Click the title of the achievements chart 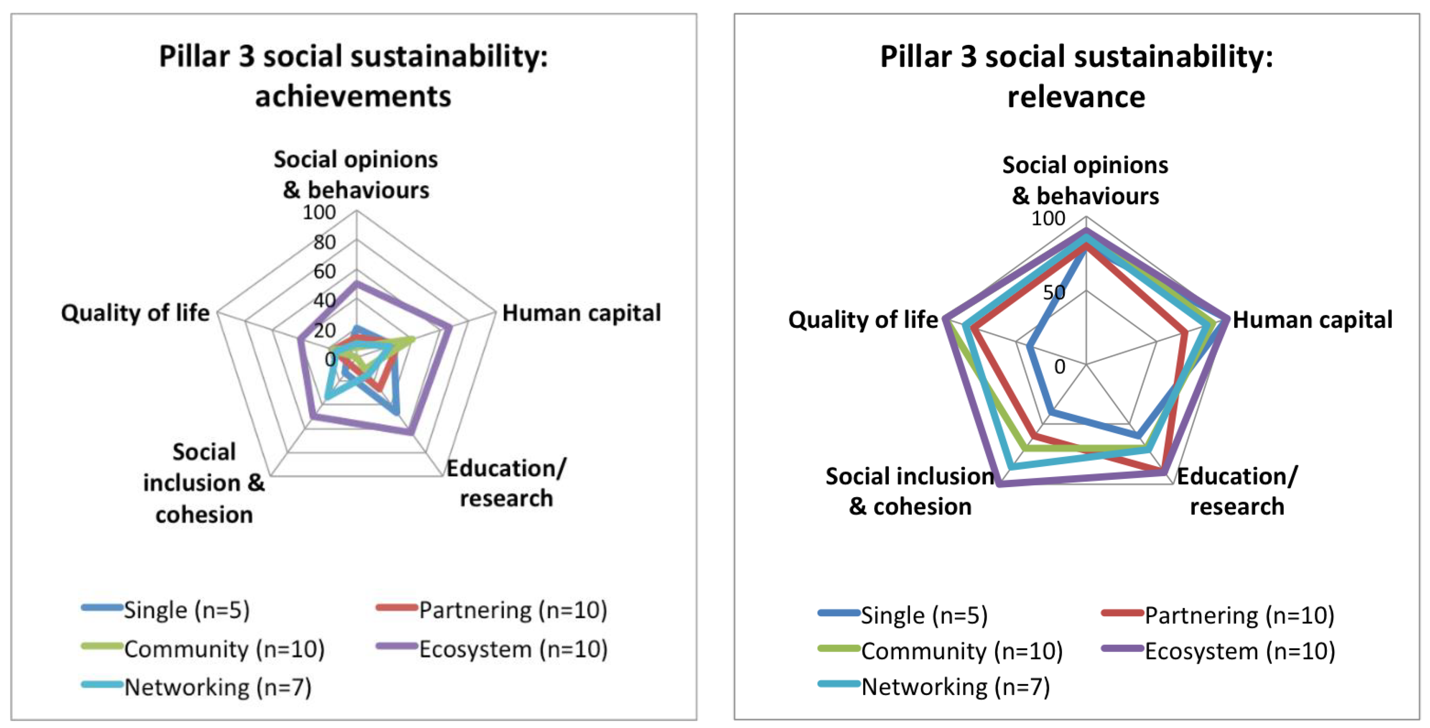[x=354, y=76]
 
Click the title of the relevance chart [x=1076, y=76]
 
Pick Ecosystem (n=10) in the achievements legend [x=513, y=648]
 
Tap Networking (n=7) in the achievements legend [x=217, y=687]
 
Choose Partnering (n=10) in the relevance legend [x=1239, y=615]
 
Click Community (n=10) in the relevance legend [x=961, y=651]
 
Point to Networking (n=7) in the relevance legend [x=955, y=686]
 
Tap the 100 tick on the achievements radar [x=319, y=212]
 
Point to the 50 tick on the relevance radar [x=1053, y=292]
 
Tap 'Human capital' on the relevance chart [x=1312, y=320]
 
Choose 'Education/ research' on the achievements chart [x=506, y=483]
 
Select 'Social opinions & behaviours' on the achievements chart [x=356, y=174]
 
